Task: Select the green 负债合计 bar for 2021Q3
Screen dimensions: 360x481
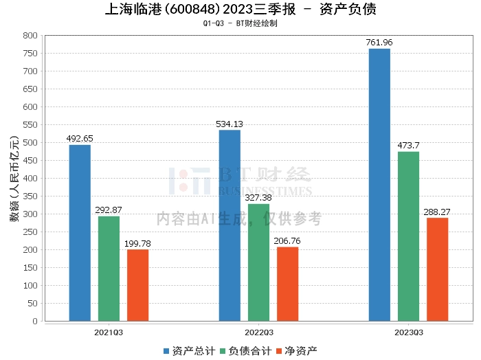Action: click(109, 268)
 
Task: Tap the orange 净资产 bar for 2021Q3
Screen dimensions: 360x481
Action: click(137, 284)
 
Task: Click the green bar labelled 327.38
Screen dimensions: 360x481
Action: click(258, 262)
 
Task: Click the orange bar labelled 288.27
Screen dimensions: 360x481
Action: click(437, 269)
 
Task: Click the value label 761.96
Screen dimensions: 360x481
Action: click(379, 43)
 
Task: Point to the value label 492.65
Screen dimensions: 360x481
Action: click(80, 139)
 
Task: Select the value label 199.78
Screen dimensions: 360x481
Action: click(137, 244)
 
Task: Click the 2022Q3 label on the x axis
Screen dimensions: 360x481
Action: click(258, 332)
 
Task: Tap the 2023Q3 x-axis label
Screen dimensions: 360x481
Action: click(408, 332)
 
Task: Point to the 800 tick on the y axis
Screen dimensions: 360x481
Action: click(30, 36)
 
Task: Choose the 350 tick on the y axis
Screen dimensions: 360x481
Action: click(30, 196)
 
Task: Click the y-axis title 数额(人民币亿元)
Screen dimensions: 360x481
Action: click(13, 179)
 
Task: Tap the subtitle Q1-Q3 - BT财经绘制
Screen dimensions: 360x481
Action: click(240, 23)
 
